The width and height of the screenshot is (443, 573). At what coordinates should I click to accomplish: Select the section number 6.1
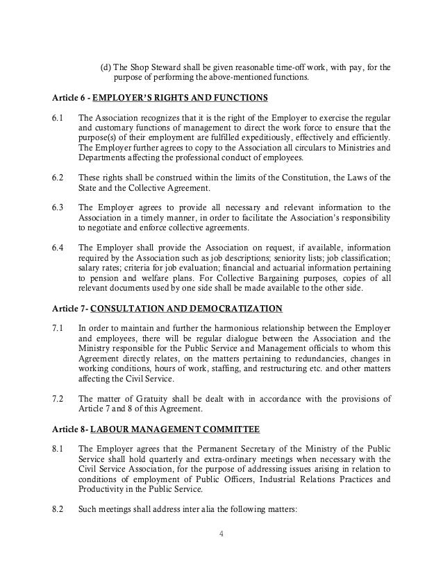pos(58,118)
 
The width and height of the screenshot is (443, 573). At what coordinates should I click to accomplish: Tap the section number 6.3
pos(58,207)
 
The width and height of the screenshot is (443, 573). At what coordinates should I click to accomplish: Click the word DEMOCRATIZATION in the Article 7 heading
pos(222,308)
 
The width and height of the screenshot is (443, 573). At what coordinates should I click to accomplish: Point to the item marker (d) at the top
pos(106,67)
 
